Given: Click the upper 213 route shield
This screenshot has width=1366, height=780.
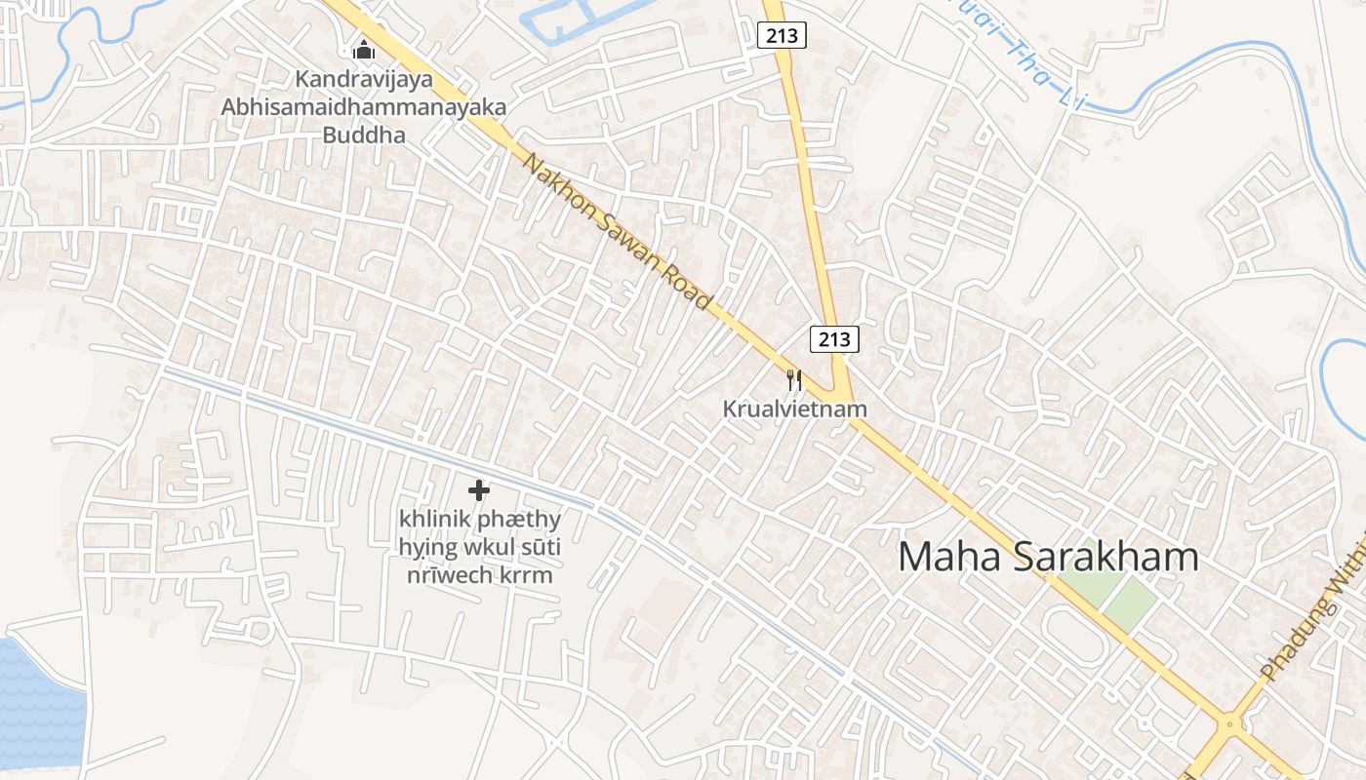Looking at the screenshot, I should pos(782,36).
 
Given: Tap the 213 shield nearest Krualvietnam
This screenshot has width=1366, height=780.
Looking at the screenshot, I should pos(834,339).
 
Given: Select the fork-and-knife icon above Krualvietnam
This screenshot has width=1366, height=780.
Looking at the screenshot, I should pos(794,379).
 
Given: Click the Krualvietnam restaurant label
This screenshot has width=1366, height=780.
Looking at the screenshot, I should pos(794,409).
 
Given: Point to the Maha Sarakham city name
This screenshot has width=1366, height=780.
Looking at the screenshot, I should pos(1047,557).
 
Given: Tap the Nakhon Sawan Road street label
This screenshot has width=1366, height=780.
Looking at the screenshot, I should pos(618,232).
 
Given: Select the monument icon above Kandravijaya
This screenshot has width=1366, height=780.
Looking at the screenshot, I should pos(364,50).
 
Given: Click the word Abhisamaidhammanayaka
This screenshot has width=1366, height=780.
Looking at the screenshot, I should pos(364,107).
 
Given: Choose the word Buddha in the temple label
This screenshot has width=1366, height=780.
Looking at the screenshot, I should pos(364,135).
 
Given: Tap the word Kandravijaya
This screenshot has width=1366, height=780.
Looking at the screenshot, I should pos(364,79).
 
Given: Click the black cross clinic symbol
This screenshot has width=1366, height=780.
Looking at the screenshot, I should pos(478,490).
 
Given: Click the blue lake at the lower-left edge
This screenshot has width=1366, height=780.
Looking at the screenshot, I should pos(34,702).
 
